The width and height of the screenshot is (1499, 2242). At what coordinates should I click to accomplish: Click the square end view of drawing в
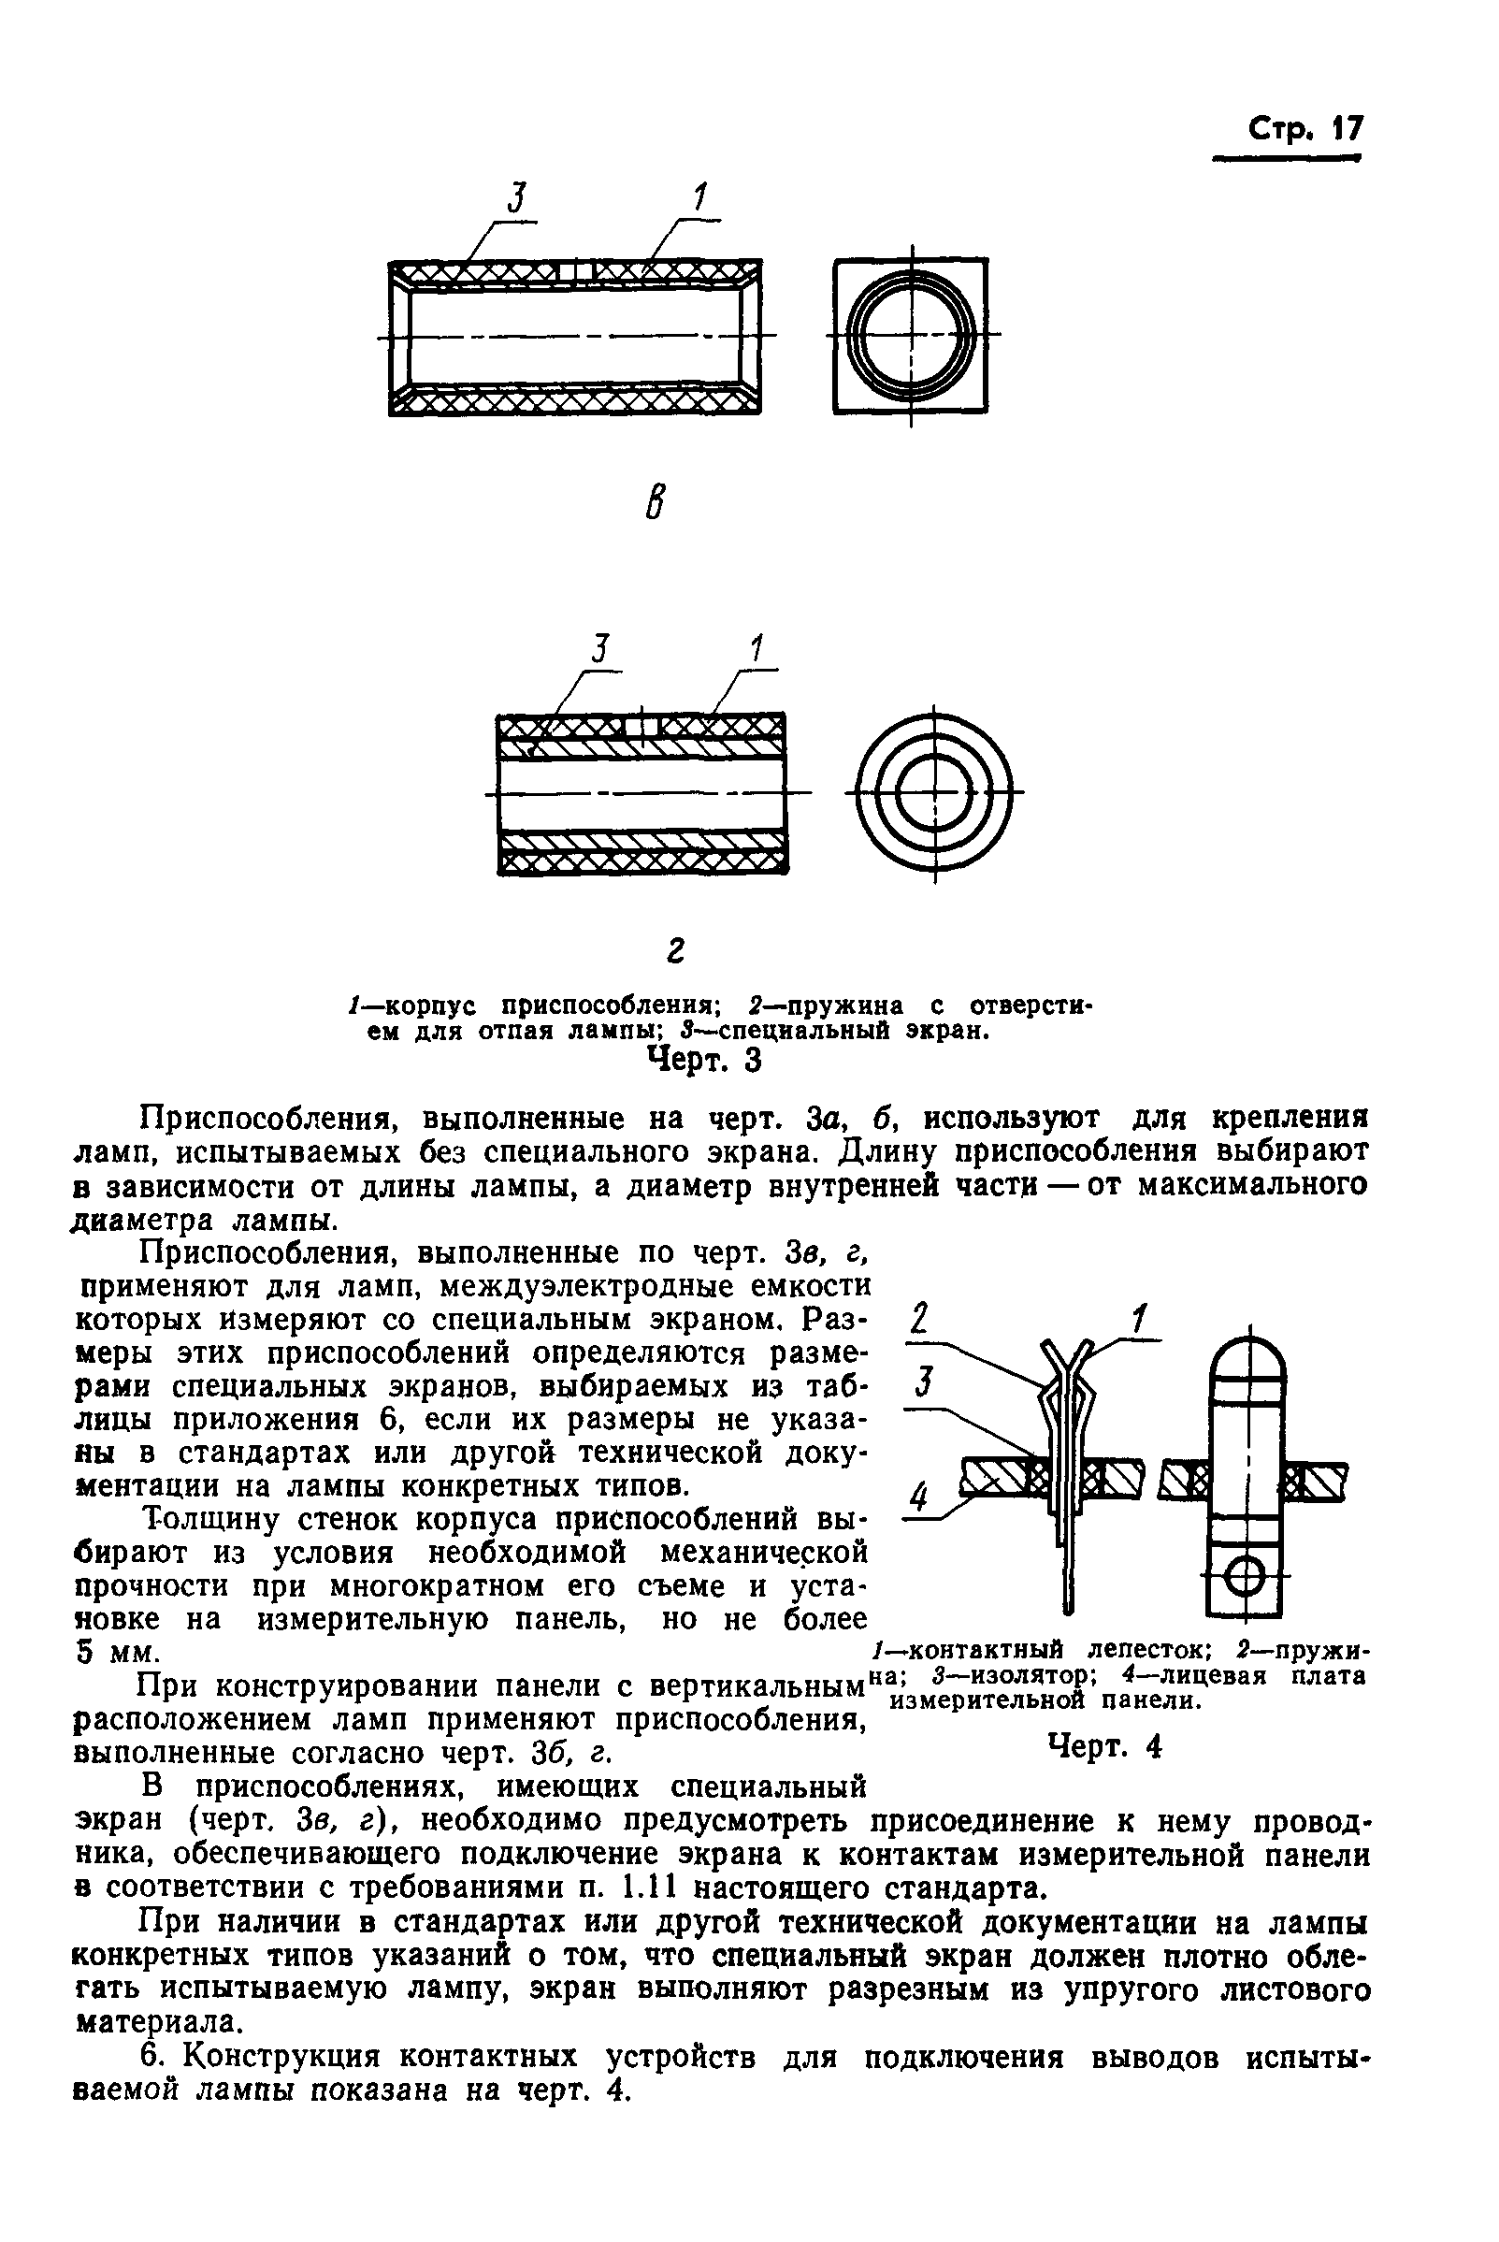click(x=910, y=336)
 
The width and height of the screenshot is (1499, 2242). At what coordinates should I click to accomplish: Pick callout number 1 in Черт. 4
click(x=1140, y=1321)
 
